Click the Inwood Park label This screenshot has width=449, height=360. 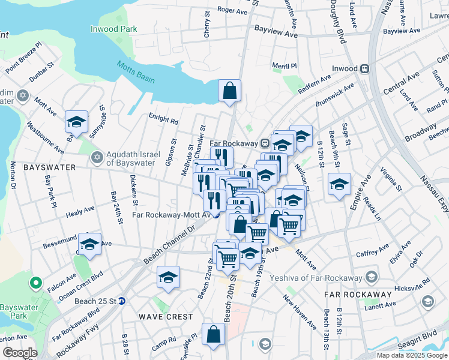click(113, 29)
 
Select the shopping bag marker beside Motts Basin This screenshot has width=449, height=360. click(229, 92)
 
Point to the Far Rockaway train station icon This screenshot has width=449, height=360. click(264, 143)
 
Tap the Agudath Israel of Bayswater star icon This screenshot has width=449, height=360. click(96, 157)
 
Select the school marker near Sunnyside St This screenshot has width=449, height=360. click(77, 122)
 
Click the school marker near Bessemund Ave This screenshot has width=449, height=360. click(89, 245)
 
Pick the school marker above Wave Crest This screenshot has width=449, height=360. click(169, 277)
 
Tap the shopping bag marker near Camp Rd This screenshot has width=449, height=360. click(214, 335)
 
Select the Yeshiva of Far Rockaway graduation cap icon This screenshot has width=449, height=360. click(372, 277)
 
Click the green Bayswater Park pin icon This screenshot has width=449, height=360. click(36, 283)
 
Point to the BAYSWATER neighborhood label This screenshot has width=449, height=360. click(49, 167)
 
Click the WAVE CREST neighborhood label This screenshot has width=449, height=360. click(166, 316)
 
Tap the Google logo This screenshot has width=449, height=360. click(20, 353)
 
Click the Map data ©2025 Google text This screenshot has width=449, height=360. click(412, 355)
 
